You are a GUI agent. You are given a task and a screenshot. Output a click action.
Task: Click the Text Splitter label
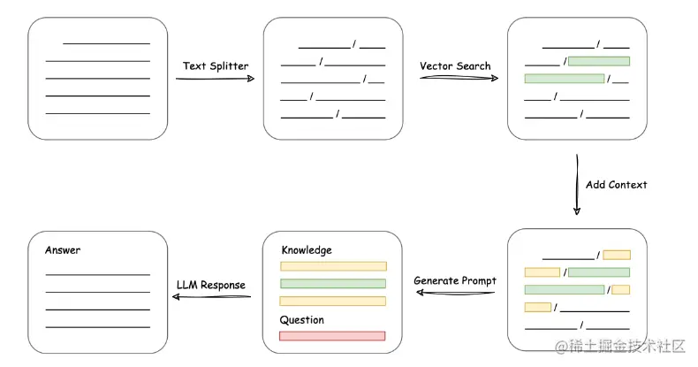216,66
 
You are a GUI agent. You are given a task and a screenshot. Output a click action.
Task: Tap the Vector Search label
455,66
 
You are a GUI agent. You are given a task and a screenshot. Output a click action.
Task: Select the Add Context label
616,185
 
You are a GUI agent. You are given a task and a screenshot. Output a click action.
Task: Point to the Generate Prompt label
455,280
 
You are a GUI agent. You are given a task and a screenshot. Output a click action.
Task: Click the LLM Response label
211,285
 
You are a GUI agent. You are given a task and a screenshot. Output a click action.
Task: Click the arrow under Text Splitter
215,79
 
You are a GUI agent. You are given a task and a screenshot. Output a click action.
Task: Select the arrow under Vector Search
459,78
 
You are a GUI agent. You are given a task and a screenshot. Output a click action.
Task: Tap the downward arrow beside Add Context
577,185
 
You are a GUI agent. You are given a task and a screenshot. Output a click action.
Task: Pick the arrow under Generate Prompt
455,293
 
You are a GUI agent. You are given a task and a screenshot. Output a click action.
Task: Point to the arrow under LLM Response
211,296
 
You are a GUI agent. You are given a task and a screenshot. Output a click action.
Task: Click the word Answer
63,250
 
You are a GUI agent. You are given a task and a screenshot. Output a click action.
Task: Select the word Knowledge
307,250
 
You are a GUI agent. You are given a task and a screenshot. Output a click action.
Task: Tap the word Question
302,320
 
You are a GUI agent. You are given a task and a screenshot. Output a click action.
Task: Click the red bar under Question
332,336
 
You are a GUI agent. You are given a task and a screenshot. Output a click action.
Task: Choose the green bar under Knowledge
333,284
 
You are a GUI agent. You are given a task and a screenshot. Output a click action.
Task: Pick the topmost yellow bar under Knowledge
333,266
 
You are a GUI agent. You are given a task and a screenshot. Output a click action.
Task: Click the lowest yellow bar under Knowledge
332,301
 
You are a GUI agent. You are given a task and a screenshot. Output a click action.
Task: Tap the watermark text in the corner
620,346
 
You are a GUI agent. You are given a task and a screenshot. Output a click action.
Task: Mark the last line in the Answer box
97,327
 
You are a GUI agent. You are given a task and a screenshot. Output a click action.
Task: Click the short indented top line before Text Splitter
106,43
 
